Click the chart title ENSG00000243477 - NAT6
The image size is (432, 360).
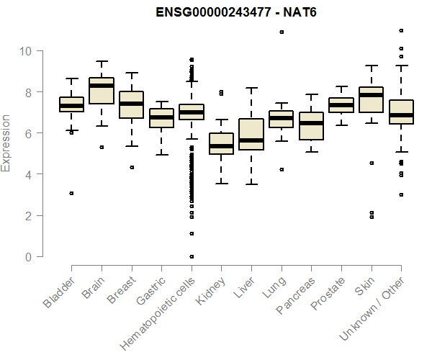click(x=237, y=12)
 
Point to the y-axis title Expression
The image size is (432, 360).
click(x=6, y=143)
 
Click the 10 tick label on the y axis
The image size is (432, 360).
click(x=25, y=51)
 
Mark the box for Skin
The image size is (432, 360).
click(x=371, y=108)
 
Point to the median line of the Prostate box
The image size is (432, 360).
click(x=341, y=105)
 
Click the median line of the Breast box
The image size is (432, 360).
click(x=131, y=104)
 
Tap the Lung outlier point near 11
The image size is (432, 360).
click(x=282, y=32)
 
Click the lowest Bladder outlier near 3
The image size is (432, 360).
click(x=71, y=193)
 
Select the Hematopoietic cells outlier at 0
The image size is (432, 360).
click(x=192, y=256)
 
